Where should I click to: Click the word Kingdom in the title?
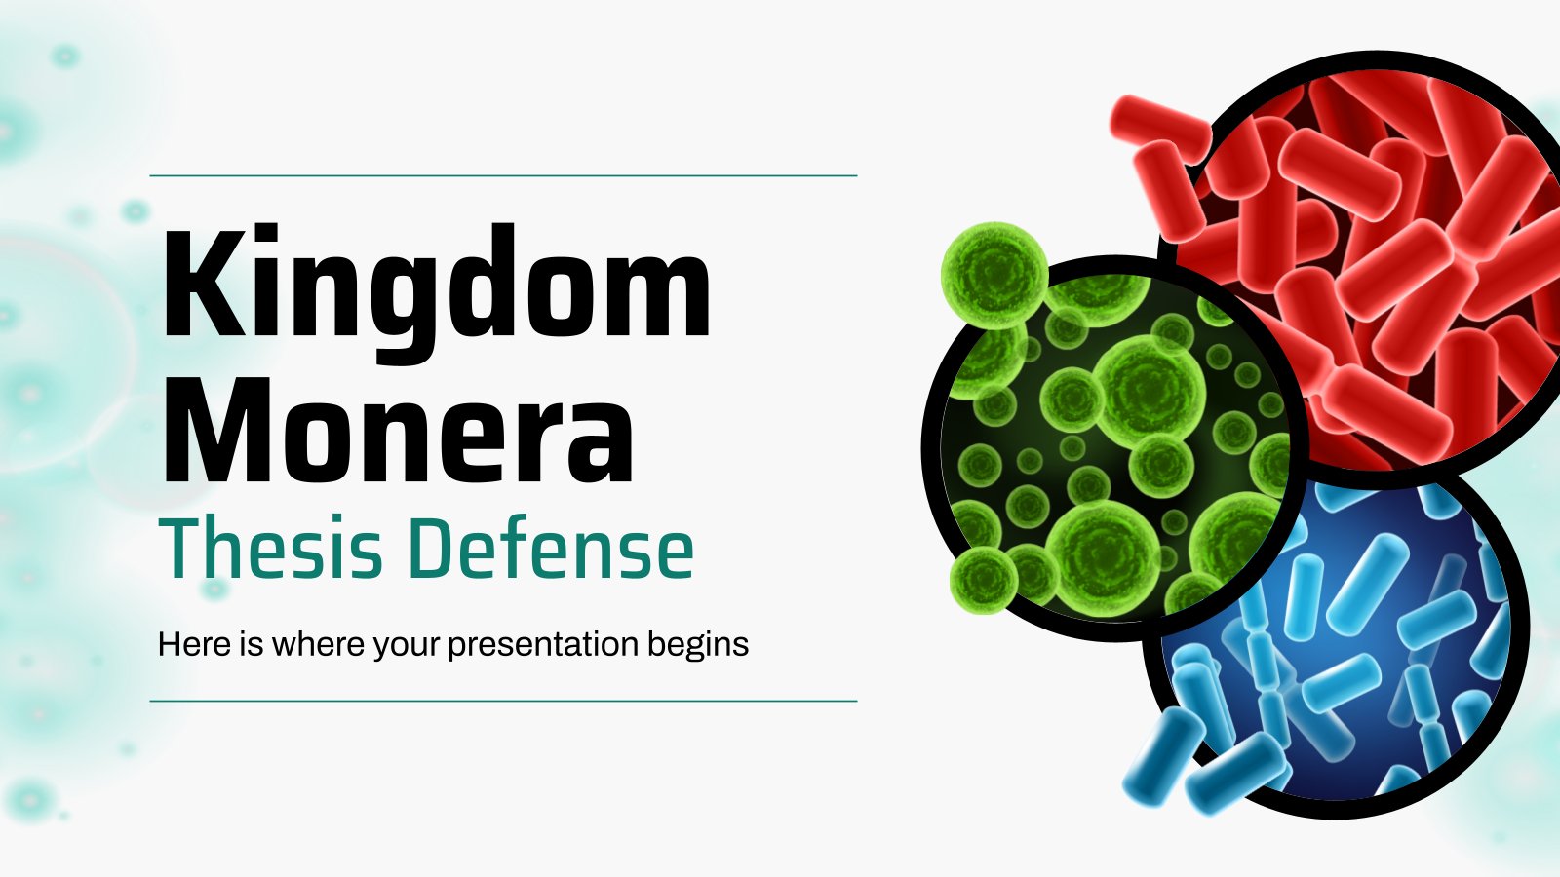437,292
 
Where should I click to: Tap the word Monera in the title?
398,432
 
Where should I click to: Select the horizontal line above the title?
503,176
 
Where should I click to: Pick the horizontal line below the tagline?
503,701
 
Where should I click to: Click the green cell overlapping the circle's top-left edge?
994,274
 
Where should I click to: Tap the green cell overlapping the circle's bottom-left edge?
984,580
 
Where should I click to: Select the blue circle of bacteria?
1336,647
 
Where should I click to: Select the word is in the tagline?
251,644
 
